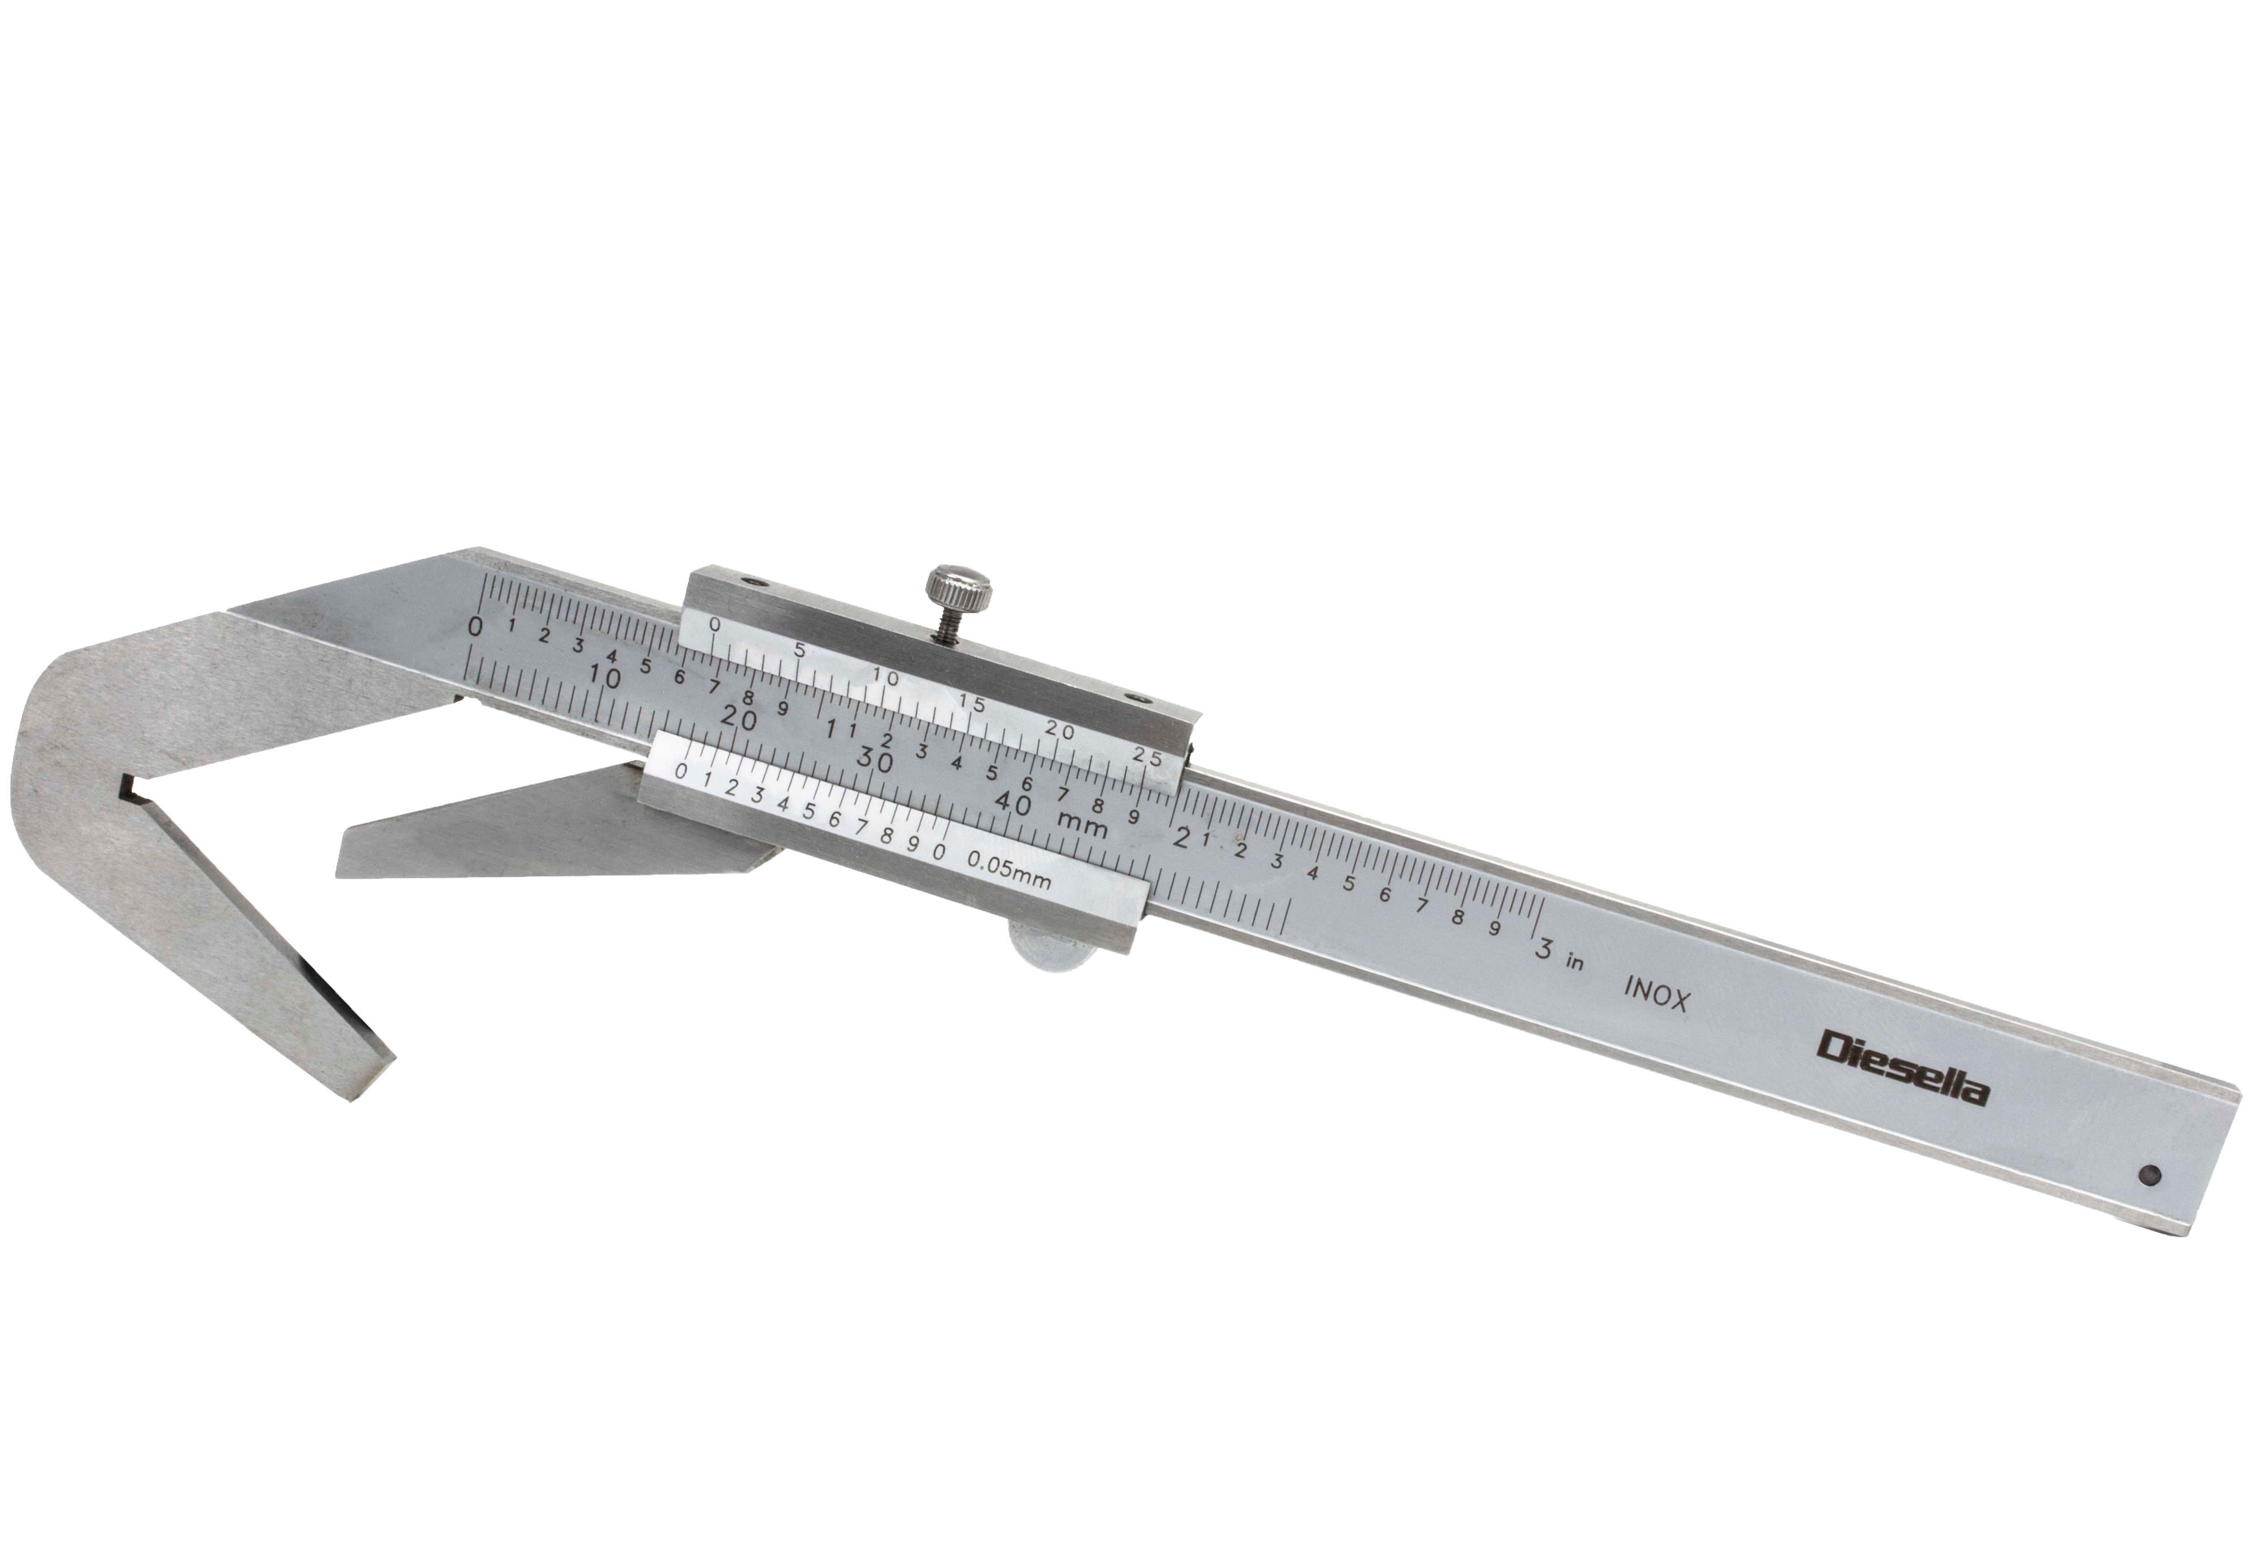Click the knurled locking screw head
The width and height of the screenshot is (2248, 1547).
(x=959, y=586)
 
